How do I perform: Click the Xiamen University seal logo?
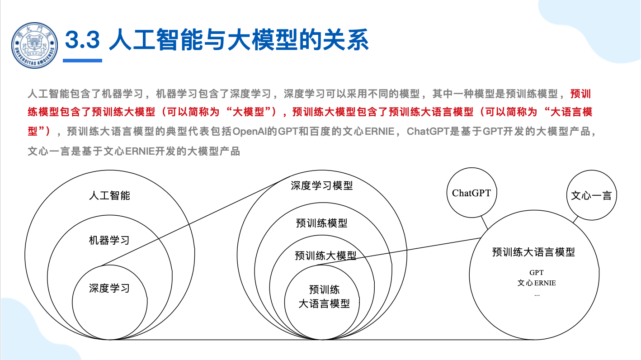(x=35, y=46)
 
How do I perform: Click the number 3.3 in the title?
(x=82, y=39)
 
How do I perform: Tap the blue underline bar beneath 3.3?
(x=82, y=61)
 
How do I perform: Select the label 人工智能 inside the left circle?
(x=109, y=196)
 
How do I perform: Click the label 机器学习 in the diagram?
(x=109, y=240)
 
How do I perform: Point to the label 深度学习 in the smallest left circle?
(x=109, y=288)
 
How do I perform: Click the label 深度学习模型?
(x=322, y=185)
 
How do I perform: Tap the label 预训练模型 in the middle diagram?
(x=322, y=223)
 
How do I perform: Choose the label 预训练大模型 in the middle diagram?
(x=325, y=256)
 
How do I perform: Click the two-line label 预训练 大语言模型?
(x=324, y=297)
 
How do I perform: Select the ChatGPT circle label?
(x=471, y=193)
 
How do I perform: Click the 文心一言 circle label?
(x=591, y=196)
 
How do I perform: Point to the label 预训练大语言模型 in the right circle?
(x=534, y=252)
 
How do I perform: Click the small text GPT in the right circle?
(x=537, y=272)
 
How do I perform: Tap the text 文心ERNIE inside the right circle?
(x=537, y=283)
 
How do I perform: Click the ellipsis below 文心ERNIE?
(x=537, y=295)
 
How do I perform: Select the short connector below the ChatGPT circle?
(x=484, y=223)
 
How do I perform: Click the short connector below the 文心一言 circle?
(x=575, y=219)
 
